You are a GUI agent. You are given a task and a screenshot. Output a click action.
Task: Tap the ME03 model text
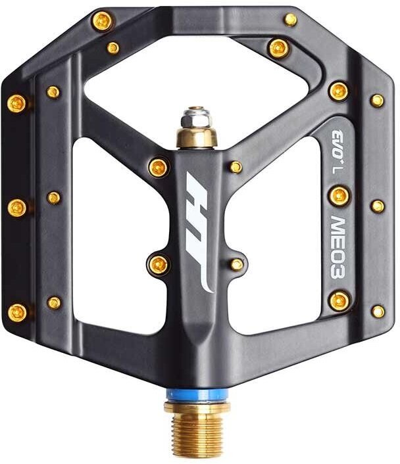coord(338,247)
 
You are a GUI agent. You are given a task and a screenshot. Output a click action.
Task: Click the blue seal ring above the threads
coord(197,395)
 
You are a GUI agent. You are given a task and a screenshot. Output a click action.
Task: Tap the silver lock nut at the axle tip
coord(196,118)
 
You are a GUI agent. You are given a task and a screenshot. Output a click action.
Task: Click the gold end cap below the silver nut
coord(197,137)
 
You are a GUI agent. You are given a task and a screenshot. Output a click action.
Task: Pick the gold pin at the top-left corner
coord(102,21)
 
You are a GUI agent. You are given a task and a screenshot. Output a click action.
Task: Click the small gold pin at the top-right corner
coord(290,20)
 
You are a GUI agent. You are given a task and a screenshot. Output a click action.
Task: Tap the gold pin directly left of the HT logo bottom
coord(158,264)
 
